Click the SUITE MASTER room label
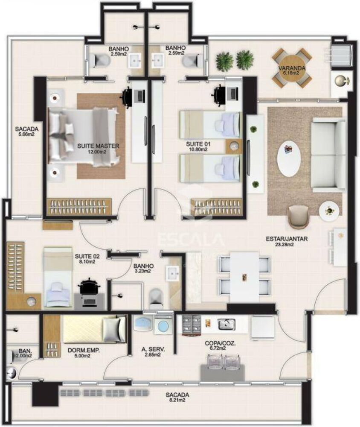point(98,146)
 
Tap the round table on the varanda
point(292,67)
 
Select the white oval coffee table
point(288,159)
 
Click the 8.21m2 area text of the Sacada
point(177,400)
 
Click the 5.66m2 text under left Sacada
point(26,134)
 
